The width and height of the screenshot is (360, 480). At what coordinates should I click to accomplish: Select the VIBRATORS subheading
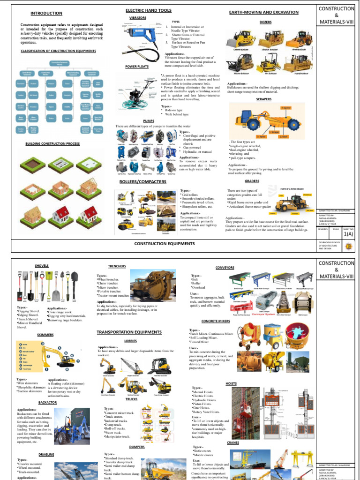point(138,17)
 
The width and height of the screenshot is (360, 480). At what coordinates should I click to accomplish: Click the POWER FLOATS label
point(137,67)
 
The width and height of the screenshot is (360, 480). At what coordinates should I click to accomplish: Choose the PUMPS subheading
point(149,120)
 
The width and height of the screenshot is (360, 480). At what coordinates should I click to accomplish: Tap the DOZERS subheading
point(265,22)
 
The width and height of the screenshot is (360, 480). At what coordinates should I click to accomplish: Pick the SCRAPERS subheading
point(264,99)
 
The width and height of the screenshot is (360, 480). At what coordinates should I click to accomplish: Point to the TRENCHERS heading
point(117,266)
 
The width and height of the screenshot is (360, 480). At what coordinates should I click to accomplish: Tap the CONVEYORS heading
point(225,267)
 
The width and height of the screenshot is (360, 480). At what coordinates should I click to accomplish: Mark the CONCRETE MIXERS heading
point(216,321)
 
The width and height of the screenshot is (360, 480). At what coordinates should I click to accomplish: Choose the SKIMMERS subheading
point(45,335)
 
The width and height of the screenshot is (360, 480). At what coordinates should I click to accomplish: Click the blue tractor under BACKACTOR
point(72,426)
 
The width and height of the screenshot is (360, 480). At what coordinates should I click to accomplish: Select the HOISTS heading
point(231,383)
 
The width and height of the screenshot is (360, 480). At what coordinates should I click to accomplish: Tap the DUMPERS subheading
point(137,447)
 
